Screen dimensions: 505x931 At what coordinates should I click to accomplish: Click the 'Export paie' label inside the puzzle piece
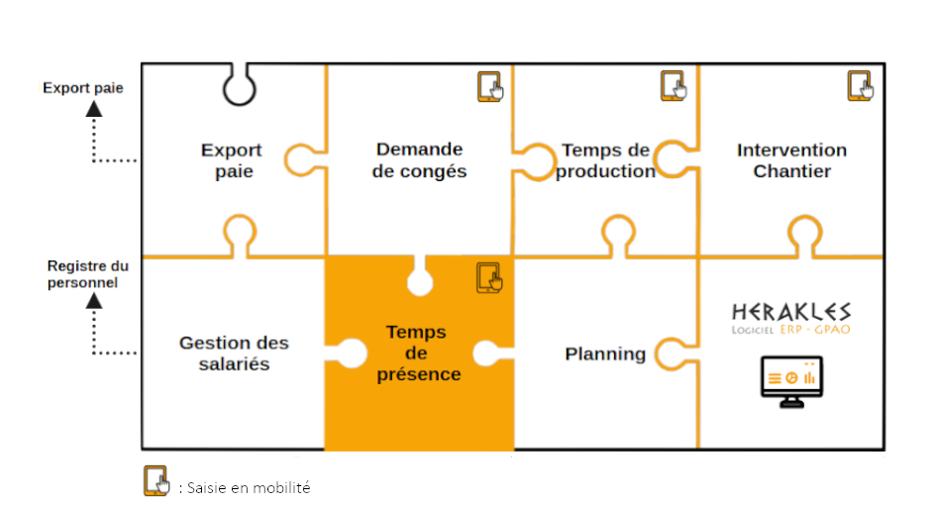232,161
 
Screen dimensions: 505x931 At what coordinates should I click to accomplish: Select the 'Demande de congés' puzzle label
420,160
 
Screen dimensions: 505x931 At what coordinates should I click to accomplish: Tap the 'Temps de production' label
605,160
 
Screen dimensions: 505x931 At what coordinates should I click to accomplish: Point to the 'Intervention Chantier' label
791,160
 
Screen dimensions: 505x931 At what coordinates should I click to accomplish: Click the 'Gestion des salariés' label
234,353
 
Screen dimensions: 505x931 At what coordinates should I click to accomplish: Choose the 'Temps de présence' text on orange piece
417,353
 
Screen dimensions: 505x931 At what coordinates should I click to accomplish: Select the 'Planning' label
605,353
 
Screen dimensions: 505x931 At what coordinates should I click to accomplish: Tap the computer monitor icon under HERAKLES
791,379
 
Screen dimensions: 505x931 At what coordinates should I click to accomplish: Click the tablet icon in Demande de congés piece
490,87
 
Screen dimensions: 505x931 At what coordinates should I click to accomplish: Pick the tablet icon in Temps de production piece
673,87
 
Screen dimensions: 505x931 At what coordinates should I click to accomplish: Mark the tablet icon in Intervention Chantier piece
860,87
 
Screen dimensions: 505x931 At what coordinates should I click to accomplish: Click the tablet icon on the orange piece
489,277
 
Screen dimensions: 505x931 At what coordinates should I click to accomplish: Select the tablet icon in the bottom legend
156,480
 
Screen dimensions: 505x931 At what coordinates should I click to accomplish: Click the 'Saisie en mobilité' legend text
247,488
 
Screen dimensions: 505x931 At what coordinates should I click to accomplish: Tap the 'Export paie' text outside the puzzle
83,88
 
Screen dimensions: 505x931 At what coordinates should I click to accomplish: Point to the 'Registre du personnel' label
88,274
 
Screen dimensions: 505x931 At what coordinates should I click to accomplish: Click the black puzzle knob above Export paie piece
239,87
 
